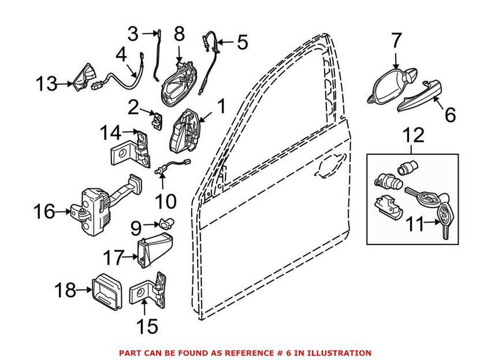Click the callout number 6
pos(450,114)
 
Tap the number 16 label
pos(44,212)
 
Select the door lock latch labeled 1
pos(185,130)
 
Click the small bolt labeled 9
pos(167,223)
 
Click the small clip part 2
pos(157,119)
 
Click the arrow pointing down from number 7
pos(396,60)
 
